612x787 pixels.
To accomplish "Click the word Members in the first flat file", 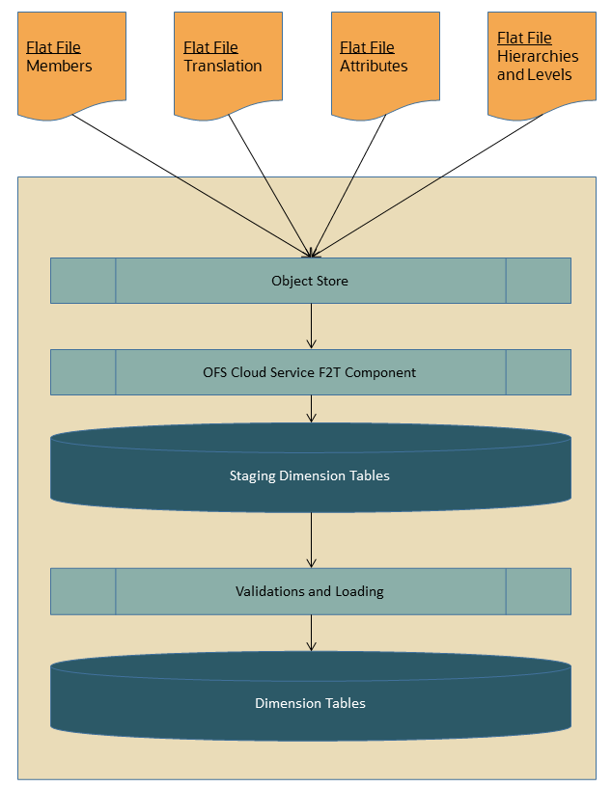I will pos(59,67).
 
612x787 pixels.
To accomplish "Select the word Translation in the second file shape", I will pos(222,67).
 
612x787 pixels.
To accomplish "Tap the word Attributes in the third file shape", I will pos(374,67).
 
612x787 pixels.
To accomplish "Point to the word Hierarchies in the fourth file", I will pos(538,57).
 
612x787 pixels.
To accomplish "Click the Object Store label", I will pos(310,281).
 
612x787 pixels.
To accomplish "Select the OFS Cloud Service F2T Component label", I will pos(310,372).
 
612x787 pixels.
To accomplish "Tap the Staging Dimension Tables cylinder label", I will pos(310,475).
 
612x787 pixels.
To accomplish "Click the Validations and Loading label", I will pos(310,591).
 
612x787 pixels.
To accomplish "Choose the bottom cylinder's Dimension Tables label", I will pos(310,703).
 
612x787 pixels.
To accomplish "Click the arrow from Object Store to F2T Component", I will pos(311,326).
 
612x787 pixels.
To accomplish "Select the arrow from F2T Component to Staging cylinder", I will pos(311,408).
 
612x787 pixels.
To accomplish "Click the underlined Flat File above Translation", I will pos(210,48).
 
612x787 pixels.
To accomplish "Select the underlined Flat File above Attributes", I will pos(367,48).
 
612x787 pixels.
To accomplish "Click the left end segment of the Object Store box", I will pos(83,281).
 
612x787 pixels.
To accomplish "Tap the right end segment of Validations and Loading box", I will pos(538,591).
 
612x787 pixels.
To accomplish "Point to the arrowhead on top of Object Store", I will pos(311,254).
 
